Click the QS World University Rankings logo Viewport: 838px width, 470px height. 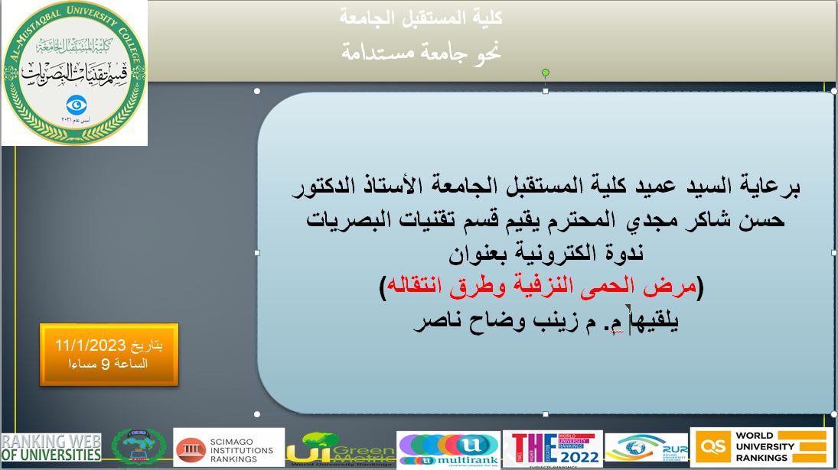761,447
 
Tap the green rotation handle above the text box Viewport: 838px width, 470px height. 546,73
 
